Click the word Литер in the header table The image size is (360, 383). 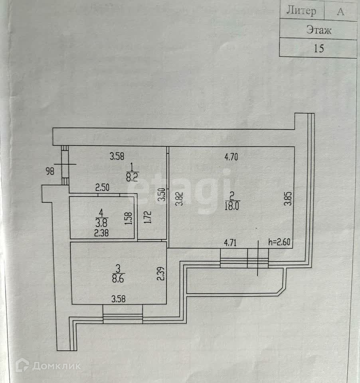click(301, 11)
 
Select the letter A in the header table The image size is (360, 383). click(340, 11)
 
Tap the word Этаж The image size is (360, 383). click(318, 30)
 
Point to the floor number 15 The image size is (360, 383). click(318, 49)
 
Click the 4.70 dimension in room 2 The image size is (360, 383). click(231, 157)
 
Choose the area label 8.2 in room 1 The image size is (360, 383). click(132, 178)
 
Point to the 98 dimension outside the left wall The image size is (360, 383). click(50, 172)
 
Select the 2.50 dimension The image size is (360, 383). click(103, 187)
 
